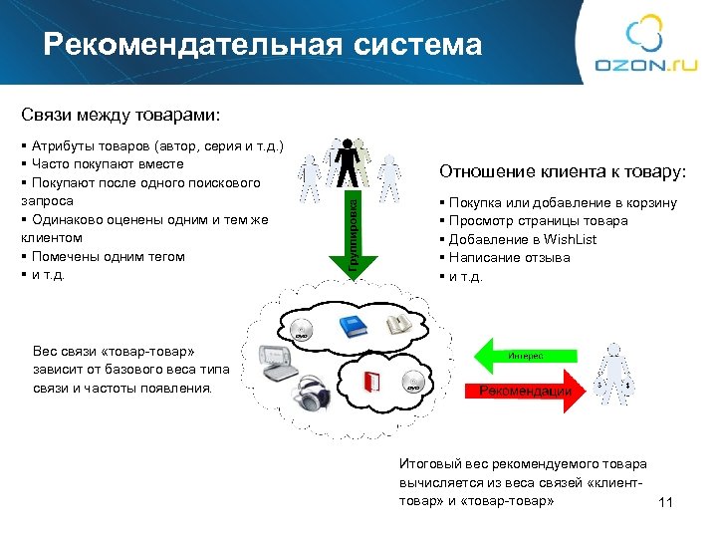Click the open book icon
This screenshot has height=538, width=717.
pos(399,324)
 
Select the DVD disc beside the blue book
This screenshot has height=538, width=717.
pos(303,328)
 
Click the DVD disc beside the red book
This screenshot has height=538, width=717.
pos(416,381)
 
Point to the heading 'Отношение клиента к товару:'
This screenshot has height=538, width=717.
pos(563,172)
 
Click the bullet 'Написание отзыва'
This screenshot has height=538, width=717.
pos(508,257)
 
